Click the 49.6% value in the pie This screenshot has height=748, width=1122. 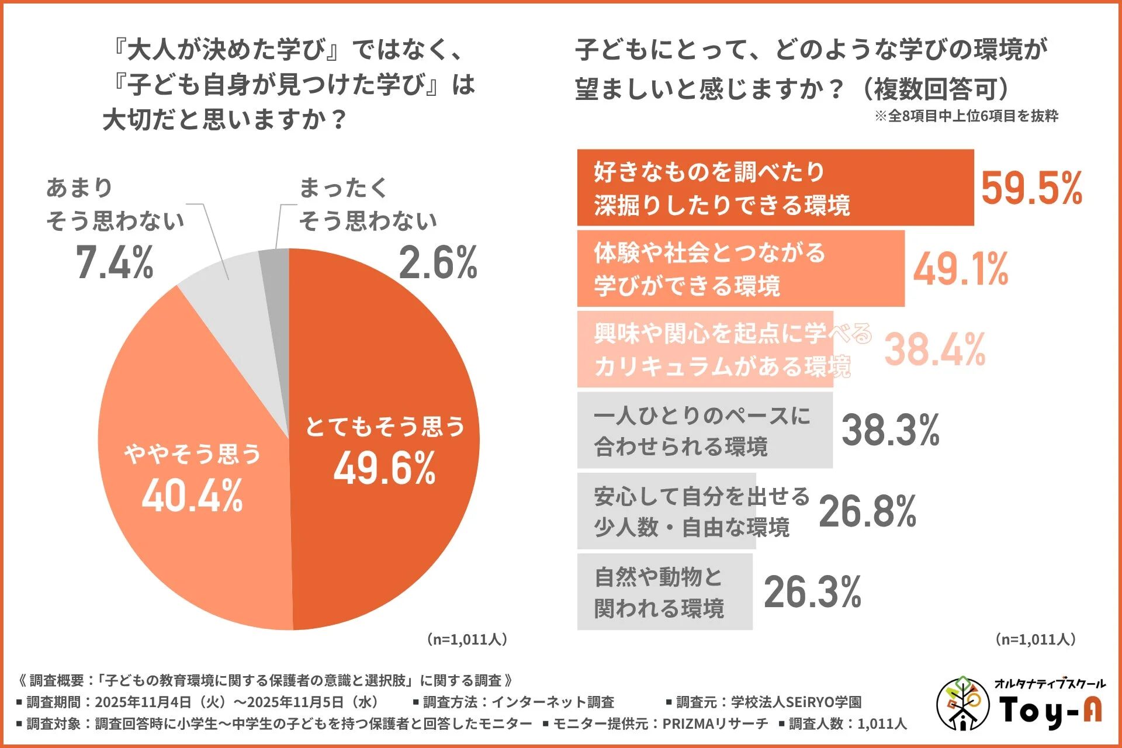click(x=385, y=468)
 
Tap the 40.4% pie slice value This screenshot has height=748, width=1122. click(x=192, y=496)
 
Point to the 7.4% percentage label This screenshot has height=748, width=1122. click(x=115, y=262)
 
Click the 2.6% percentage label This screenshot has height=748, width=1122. click(x=438, y=262)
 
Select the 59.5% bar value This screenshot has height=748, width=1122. click(x=1031, y=189)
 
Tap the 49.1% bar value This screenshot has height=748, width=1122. click(x=961, y=269)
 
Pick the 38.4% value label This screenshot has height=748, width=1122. click(x=935, y=349)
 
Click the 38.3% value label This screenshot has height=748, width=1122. click(x=890, y=430)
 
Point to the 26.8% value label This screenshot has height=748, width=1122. click(x=867, y=511)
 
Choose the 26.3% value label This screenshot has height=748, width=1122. click(x=812, y=591)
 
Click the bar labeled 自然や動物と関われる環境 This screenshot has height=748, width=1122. click(x=664, y=591)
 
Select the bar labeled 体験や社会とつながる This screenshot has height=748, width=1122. click(x=740, y=269)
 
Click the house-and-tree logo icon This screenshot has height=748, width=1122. click(x=962, y=704)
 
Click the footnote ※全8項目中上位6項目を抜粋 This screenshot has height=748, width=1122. click(x=966, y=116)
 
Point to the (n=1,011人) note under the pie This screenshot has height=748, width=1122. click(x=467, y=639)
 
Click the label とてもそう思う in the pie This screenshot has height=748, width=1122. click(x=385, y=426)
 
